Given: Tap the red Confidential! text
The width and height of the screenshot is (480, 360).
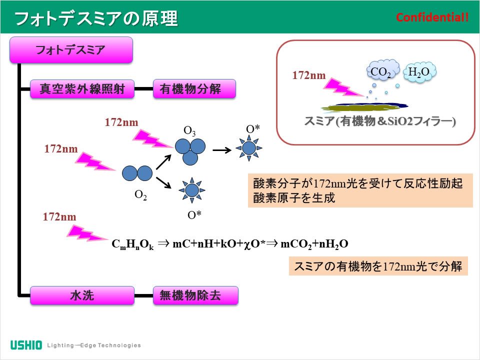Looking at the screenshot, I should click(432, 17).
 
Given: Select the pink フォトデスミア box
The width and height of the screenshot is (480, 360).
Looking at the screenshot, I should click(71, 50).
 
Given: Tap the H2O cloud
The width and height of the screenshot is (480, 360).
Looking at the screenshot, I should click(419, 72).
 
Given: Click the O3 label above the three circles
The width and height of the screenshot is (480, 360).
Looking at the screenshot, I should click(189, 131).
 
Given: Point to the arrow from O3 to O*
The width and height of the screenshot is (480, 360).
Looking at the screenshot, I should click(222, 149).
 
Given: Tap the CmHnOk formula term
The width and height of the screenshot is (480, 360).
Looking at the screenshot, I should click(132, 244).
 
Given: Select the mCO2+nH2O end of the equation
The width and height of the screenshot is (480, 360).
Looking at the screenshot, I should click(314, 244).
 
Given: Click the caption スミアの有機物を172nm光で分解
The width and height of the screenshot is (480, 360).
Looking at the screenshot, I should click(378, 265).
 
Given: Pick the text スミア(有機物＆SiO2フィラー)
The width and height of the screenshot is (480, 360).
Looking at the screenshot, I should click(380, 121).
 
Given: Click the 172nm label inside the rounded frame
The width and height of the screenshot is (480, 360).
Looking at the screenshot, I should click(309, 76).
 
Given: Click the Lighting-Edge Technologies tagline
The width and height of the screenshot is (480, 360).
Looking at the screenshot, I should click(94, 345).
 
